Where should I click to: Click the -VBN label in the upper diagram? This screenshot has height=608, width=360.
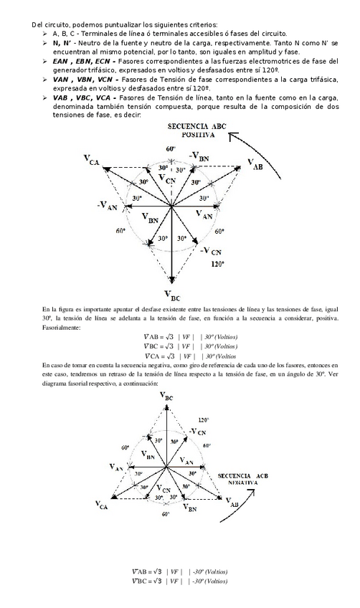pyautogui.click(x=199, y=156)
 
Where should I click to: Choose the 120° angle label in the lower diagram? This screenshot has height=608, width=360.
pyautogui.click(x=204, y=420)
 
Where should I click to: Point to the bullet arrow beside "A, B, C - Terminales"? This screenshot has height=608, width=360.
pyautogui.click(x=45, y=34)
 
